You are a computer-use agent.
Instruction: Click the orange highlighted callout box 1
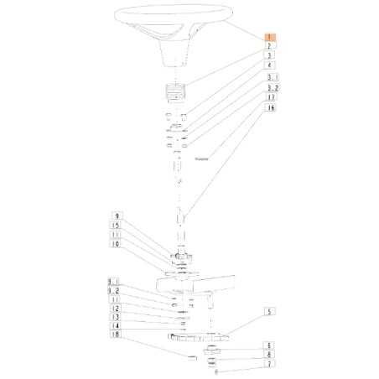pos(270,37)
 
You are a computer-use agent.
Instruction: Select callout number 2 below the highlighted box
pos(270,46)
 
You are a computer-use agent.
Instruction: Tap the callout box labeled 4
pos(270,65)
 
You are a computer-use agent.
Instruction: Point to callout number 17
pos(270,97)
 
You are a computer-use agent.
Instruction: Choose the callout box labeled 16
pos(270,108)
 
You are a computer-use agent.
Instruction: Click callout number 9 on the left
pos(117,215)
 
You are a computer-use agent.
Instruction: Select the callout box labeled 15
pos(117,226)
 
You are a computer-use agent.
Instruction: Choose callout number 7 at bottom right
pos(270,364)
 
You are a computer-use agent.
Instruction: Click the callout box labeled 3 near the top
pos(270,55)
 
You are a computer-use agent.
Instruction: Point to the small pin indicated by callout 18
pos(192,356)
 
